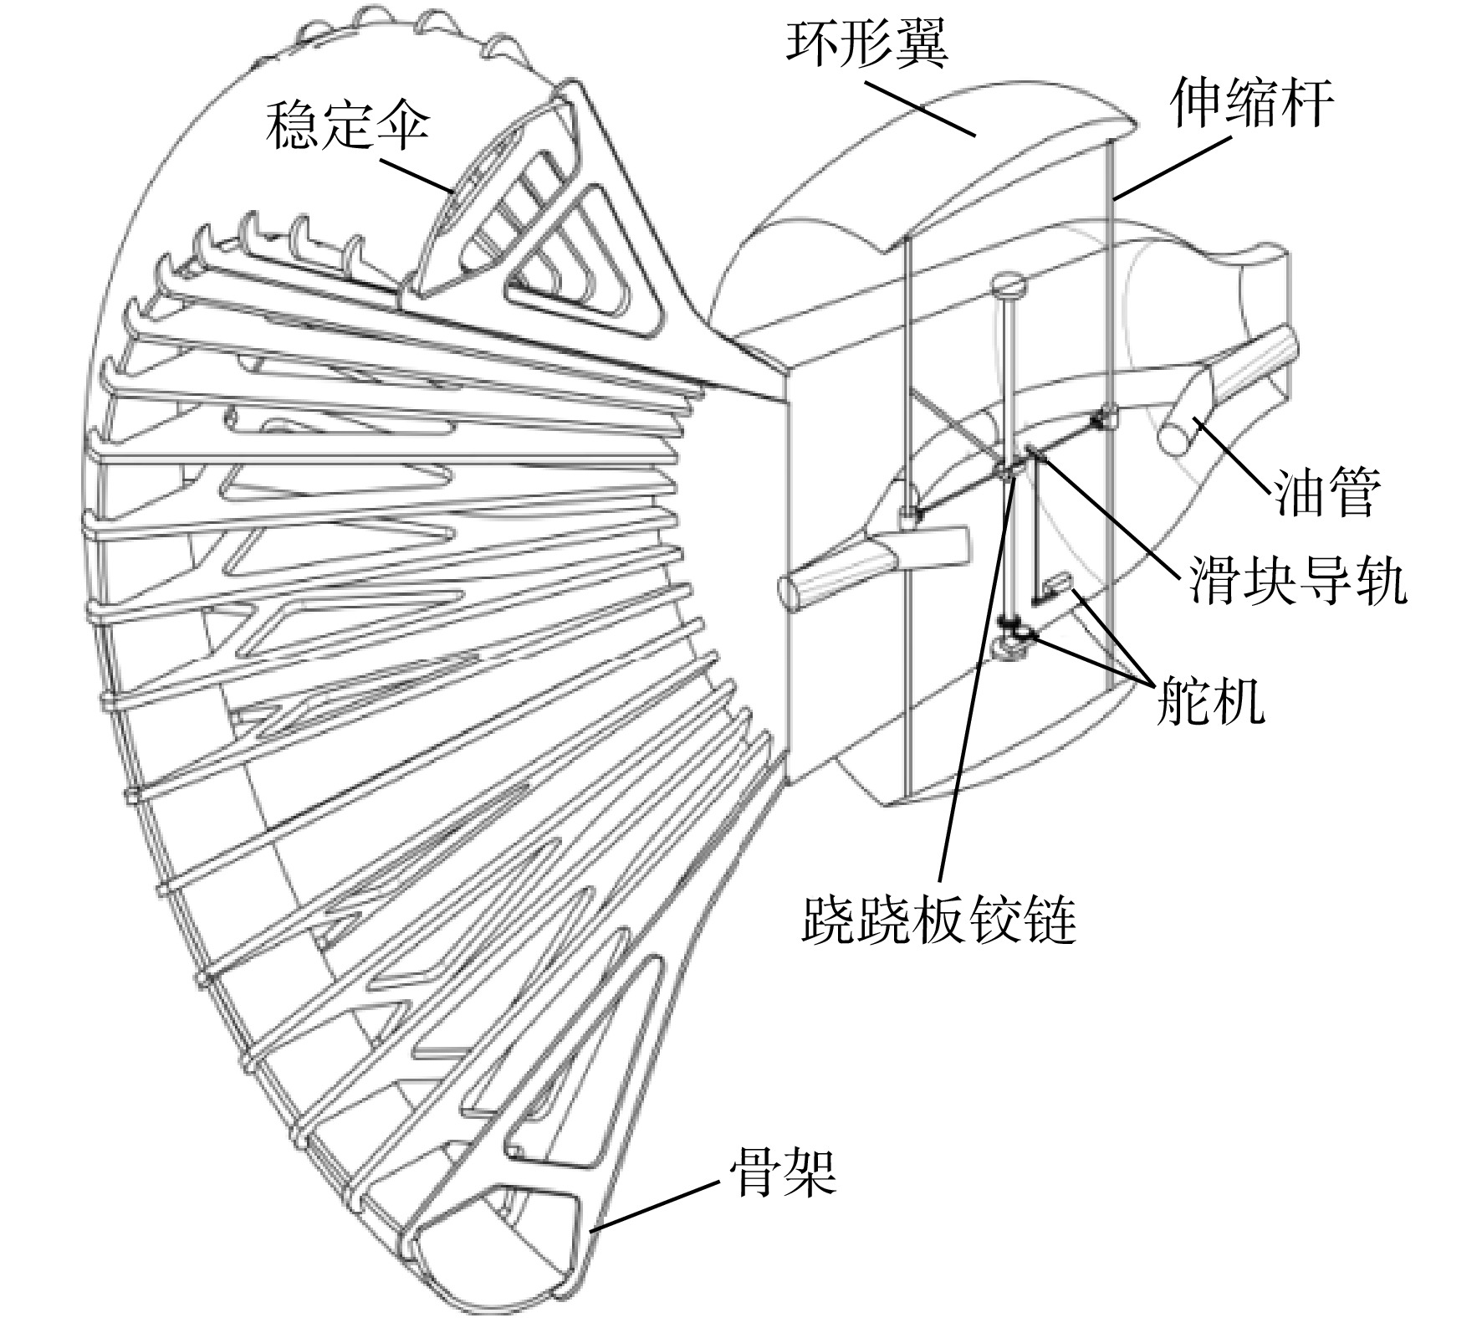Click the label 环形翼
(x=867, y=42)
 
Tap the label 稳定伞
(x=347, y=124)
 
